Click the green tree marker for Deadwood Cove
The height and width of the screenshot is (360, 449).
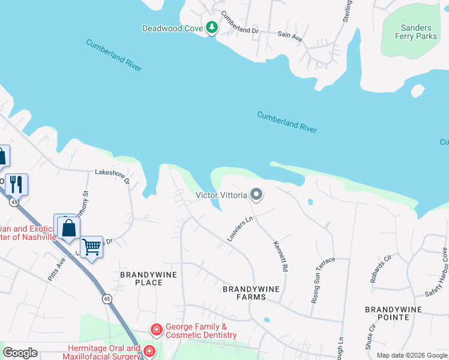coord(211,28)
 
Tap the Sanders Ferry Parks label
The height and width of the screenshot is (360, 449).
coord(416,32)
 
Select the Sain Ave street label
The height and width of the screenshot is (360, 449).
coord(290,35)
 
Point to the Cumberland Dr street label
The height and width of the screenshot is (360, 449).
coord(239,22)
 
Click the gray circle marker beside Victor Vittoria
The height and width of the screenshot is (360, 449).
coord(256,194)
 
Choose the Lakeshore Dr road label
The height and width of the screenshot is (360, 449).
coord(112,176)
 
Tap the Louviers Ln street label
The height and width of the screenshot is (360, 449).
coord(240,229)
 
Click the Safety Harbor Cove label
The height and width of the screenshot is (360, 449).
coord(437,269)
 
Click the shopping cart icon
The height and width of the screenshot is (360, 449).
coord(91,246)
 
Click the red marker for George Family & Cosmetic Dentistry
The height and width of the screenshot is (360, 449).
coord(156,330)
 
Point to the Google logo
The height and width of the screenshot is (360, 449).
coord(20,353)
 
